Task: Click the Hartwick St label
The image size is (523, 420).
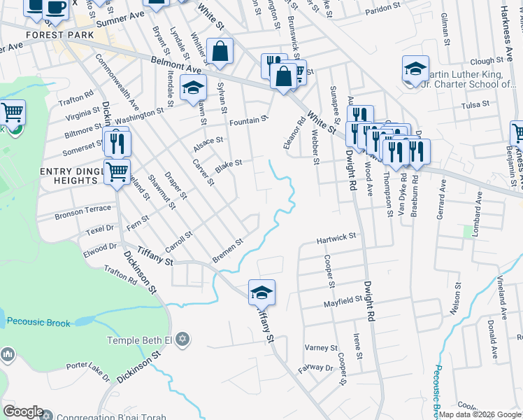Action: (336, 238)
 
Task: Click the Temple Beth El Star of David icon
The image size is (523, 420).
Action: (182, 339)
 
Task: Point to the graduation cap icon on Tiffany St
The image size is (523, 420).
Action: (261, 292)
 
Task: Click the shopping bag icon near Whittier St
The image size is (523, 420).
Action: (220, 52)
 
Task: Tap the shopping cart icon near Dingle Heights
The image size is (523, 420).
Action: (117, 170)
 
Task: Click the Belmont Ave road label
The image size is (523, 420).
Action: (175, 65)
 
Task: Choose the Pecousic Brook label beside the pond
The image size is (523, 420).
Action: (36, 322)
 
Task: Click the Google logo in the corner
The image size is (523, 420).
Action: (23, 412)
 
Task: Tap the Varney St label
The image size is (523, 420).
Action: (321, 348)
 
